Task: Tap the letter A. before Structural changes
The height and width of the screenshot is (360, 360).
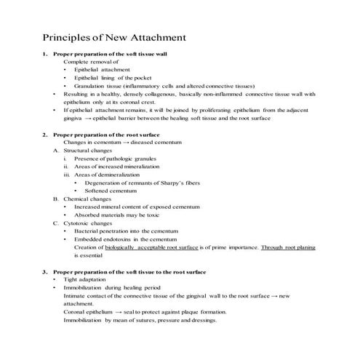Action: click(56, 151)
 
